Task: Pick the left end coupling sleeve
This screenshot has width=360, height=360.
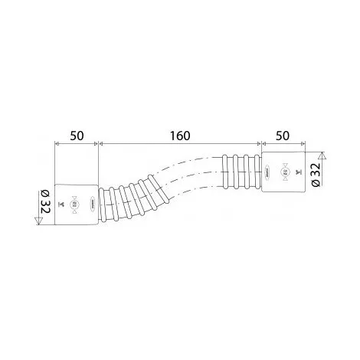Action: pyautogui.click(x=77, y=203)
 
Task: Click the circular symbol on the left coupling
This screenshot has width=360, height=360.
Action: pyautogui.click(x=74, y=204)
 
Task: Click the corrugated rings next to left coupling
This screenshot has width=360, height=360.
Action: pyautogui.click(x=130, y=197)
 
